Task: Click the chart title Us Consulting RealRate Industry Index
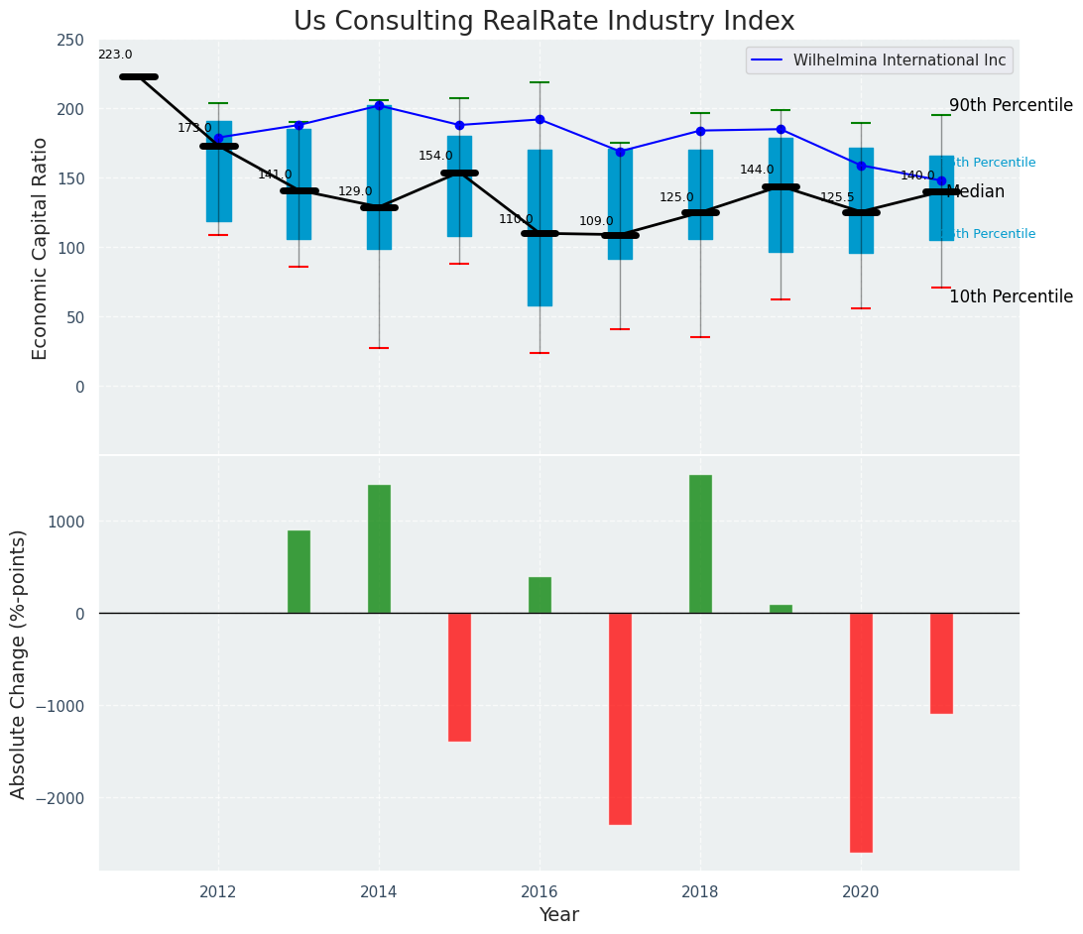coord(543,22)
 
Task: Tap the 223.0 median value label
coord(115,56)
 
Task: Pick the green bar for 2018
coord(700,544)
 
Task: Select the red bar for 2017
coord(620,718)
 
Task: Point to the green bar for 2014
coord(379,549)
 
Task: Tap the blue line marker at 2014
coord(379,105)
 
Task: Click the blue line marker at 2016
coord(540,119)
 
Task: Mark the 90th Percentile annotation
coord(1010,106)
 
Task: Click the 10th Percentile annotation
coord(1010,297)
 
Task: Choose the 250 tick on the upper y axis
coord(70,40)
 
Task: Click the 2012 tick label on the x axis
coord(218,891)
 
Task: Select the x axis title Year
coord(558,915)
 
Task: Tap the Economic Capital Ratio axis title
coord(41,248)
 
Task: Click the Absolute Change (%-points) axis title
coord(19,663)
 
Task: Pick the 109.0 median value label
coord(596,221)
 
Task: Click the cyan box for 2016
coord(540,228)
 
